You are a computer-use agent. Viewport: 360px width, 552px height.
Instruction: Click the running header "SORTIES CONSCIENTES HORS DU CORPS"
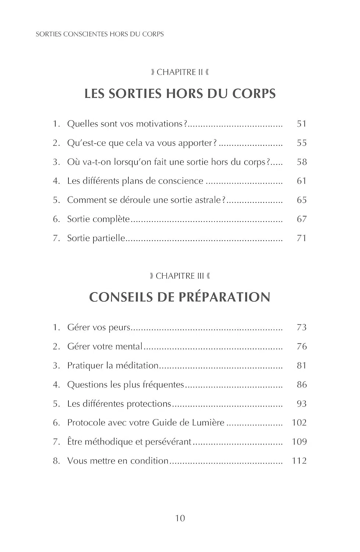coord(100,34)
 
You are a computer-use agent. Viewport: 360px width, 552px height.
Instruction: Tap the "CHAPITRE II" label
coord(180,72)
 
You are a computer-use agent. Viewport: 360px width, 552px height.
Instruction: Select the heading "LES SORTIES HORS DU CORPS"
coord(180,93)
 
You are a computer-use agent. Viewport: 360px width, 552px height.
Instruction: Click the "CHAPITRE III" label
coord(180,276)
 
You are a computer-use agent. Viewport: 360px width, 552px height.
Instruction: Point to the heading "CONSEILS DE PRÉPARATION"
coord(180,297)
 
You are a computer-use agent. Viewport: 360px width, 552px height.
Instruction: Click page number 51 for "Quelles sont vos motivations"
coord(302,124)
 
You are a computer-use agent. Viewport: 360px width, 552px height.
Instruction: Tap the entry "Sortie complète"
coord(98,219)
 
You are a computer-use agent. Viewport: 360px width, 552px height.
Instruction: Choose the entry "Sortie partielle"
coord(96,238)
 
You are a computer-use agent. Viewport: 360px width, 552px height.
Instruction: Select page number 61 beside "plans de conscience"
coord(302,181)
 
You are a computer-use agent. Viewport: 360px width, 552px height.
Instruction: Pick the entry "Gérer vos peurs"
coord(99,328)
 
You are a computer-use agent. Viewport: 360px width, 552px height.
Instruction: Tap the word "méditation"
coord(137,366)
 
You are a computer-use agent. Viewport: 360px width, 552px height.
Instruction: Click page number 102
coord(299,423)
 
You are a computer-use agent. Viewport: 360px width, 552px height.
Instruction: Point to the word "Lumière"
coord(208,423)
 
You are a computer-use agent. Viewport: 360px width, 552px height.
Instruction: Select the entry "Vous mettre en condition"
coord(118,461)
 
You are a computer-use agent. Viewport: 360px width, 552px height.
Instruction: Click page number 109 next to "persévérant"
coord(299,442)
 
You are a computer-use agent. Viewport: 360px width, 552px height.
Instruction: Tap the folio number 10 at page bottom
coord(180,519)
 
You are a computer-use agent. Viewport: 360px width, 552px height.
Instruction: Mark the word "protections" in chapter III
coord(149,404)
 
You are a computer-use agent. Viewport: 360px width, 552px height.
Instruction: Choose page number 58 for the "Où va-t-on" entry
coord(302,162)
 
